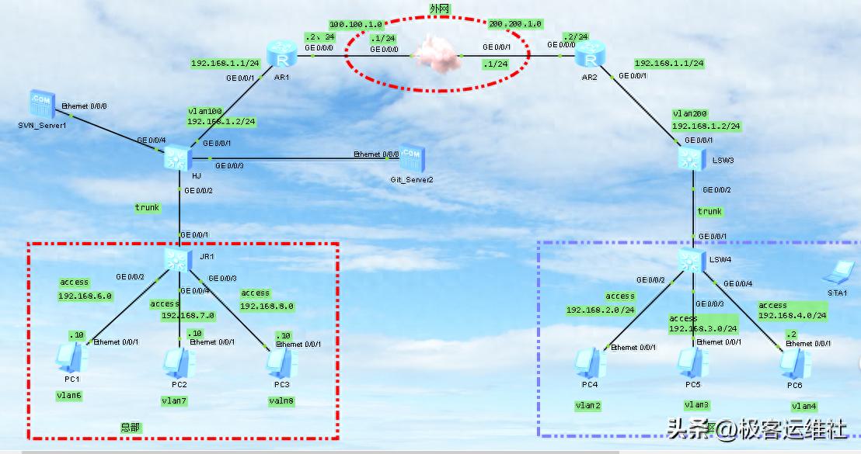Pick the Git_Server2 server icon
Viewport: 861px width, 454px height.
(411, 158)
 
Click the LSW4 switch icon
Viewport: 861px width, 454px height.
(691, 261)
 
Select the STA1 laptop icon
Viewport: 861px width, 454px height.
(838, 272)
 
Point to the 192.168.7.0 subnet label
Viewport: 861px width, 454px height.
(187, 316)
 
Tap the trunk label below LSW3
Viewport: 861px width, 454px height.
(709, 211)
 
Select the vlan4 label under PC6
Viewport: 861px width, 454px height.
(803, 406)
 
